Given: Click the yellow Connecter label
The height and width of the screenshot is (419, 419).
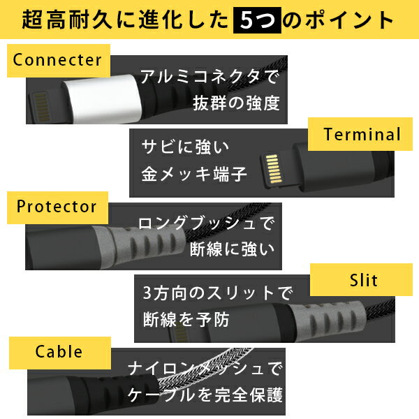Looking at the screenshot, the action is click(59, 61).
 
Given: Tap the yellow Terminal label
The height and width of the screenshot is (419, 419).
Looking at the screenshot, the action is click(360, 134).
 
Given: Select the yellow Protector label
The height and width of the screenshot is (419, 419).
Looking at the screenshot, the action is click(57, 207).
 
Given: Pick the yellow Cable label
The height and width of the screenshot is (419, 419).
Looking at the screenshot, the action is click(60, 353).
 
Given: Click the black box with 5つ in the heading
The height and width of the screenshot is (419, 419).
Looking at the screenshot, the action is click(257, 20).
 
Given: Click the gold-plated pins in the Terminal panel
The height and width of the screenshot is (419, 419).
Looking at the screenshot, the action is click(273, 169).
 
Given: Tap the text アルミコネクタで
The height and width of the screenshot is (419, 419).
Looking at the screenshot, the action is click(209, 77).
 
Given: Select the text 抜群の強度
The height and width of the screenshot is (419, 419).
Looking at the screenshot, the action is click(236, 103).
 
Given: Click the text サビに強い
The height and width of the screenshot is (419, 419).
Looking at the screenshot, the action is click(185, 147).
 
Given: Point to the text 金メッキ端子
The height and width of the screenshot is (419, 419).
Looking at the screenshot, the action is click(194, 174).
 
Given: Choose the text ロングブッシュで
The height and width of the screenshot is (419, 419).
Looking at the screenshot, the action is click(206, 223).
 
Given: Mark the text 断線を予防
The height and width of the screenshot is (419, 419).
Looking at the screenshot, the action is click(186, 319).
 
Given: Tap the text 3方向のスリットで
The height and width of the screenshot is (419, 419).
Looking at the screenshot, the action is click(218, 293).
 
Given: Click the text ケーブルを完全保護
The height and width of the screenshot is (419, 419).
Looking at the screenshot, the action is click(205, 395).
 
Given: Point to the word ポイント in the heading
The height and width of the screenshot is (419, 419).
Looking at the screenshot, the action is click(350, 20).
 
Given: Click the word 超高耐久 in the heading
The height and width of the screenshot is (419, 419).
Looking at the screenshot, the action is click(67, 20).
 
